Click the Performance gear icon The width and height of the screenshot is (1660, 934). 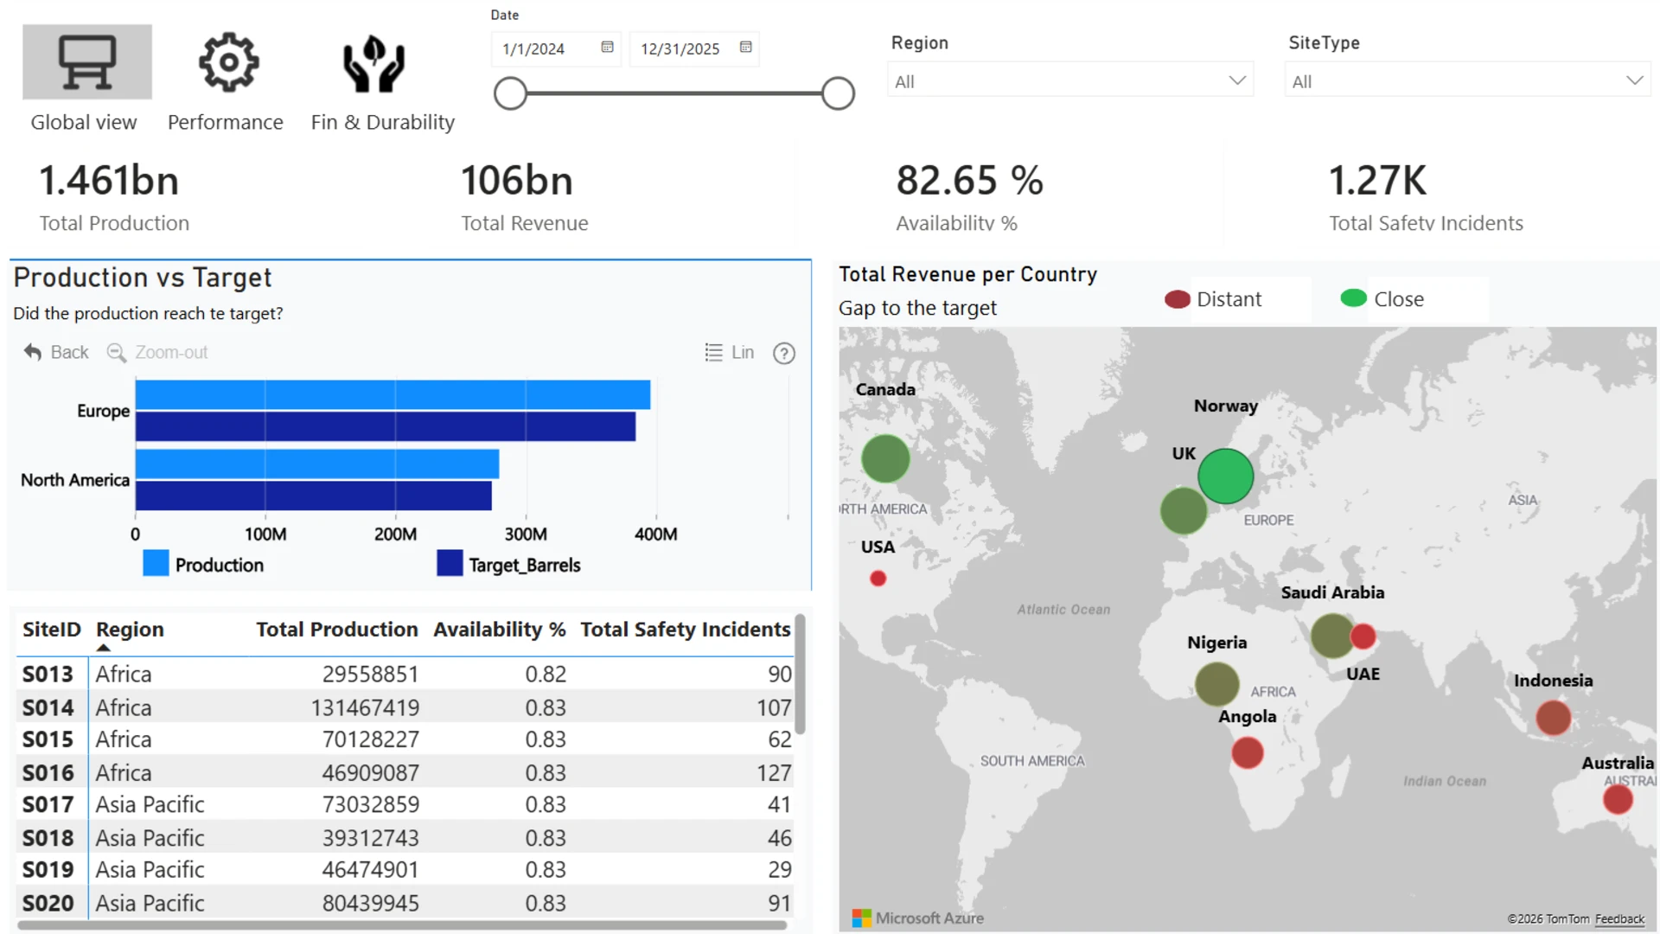coord(228,62)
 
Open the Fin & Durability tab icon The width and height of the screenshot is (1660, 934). coord(373,63)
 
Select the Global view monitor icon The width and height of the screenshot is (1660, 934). coord(87,62)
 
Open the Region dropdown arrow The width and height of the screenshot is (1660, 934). coord(1237,80)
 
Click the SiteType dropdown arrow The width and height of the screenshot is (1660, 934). coord(1634,80)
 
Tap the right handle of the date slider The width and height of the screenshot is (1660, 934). coord(838,93)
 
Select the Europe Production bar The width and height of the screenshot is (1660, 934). coord(393,394)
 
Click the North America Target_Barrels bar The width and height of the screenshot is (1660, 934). coord(314,496)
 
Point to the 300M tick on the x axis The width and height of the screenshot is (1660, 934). coord(526,534)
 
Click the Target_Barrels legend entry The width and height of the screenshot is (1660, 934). coord(508,565)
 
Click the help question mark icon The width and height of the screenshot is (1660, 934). coord(784,353)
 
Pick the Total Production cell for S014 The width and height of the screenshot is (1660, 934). coord(365,707)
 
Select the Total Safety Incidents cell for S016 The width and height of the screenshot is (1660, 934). coord(774,772)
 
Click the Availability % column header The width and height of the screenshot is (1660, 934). coord(500,630)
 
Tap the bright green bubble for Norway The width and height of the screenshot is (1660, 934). coord(1225,477)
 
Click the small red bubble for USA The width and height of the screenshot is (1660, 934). coord(878,579)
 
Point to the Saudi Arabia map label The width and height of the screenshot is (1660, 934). coord(1332,592)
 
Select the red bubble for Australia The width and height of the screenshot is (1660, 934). coord(1618,799)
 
